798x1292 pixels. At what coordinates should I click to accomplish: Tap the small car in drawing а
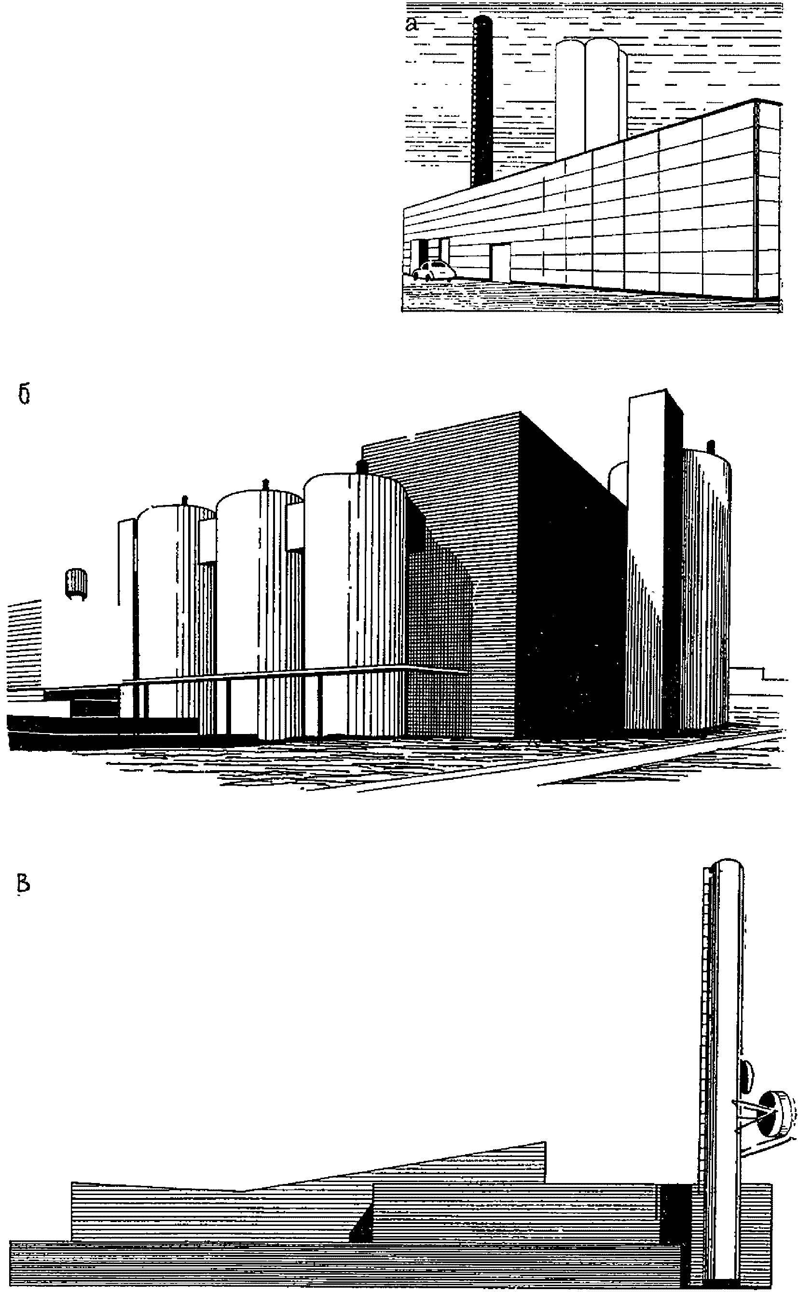(433, 270)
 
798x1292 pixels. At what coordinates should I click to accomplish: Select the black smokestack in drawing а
(482, 106)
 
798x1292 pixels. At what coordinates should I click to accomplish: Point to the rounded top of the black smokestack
(482, 21)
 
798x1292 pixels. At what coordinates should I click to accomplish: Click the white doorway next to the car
(500, 262)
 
